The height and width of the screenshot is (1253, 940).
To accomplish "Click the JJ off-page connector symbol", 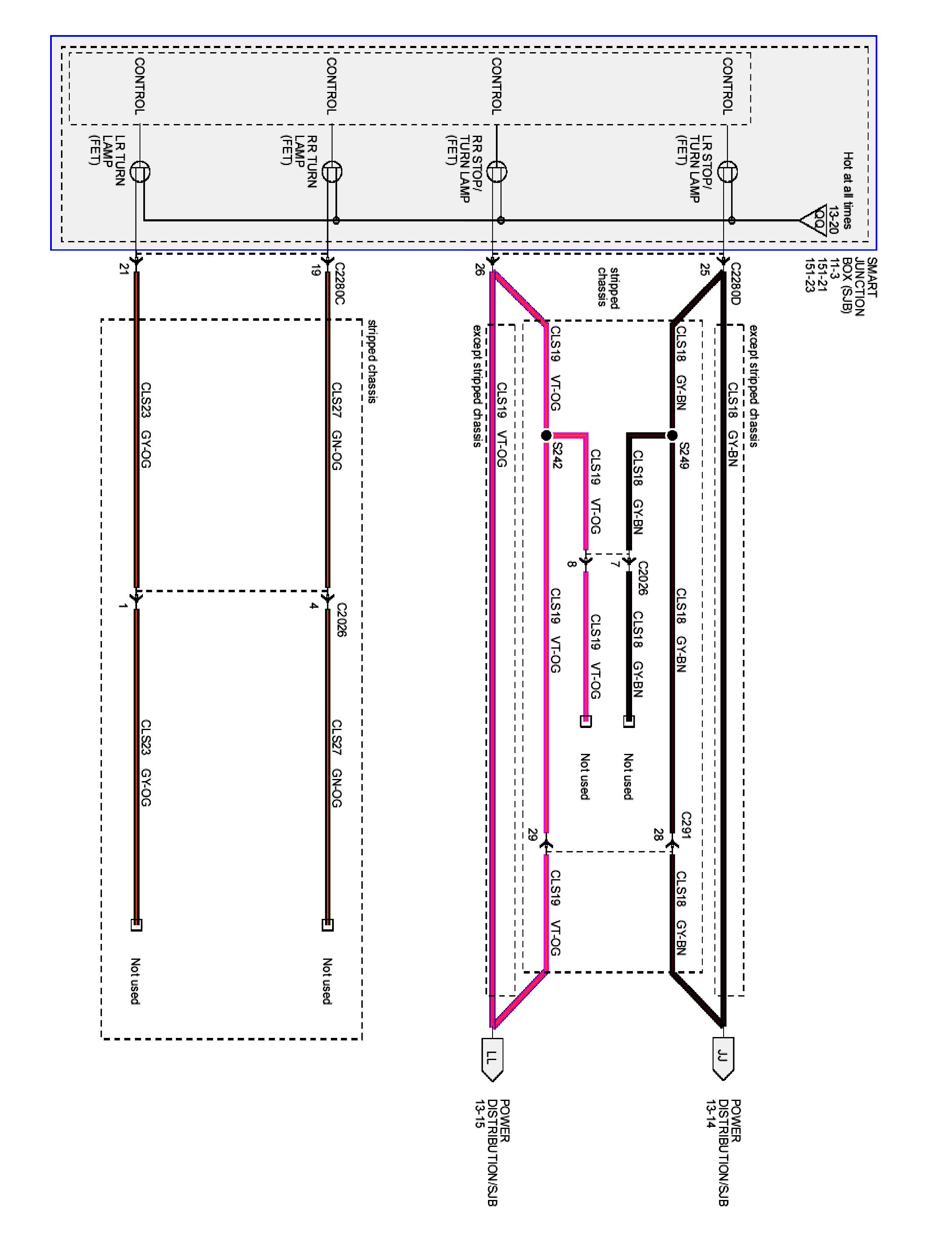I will coord(722,1058).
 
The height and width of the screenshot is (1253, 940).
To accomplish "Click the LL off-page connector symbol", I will coord(492,1058).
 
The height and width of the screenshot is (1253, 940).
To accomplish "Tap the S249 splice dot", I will coord(671,435).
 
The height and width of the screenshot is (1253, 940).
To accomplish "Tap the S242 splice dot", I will coord(546,435).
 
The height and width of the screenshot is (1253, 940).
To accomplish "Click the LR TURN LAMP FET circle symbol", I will coord(140,172).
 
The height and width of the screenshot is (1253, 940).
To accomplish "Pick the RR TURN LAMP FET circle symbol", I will coord(332,172).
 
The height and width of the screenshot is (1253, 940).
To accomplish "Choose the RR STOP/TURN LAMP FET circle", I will coord(497,172).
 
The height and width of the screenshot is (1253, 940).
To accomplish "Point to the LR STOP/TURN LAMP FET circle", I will coord(727,172).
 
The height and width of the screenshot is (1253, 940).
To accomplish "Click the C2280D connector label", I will coord(735,283).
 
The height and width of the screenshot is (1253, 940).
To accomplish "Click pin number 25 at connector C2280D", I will coord(704,270).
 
